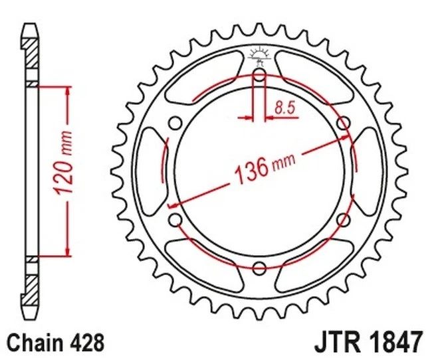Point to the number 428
click(86, 342)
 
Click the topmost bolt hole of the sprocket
click(259, 77)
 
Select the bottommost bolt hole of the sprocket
click(259, 267)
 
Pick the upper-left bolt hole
click(175, 124)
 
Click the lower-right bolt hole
click(344, 219)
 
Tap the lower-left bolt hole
click(175, 219)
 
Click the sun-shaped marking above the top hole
click(259, 55)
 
